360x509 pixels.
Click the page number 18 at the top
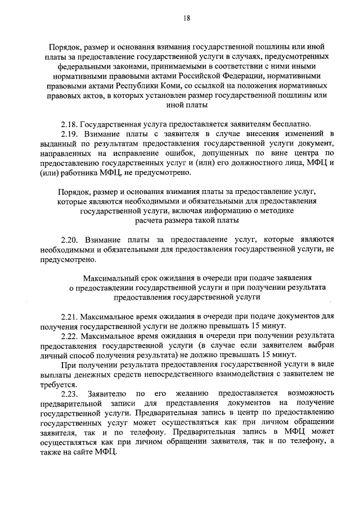pyautogui.click(x=186, y=18)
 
